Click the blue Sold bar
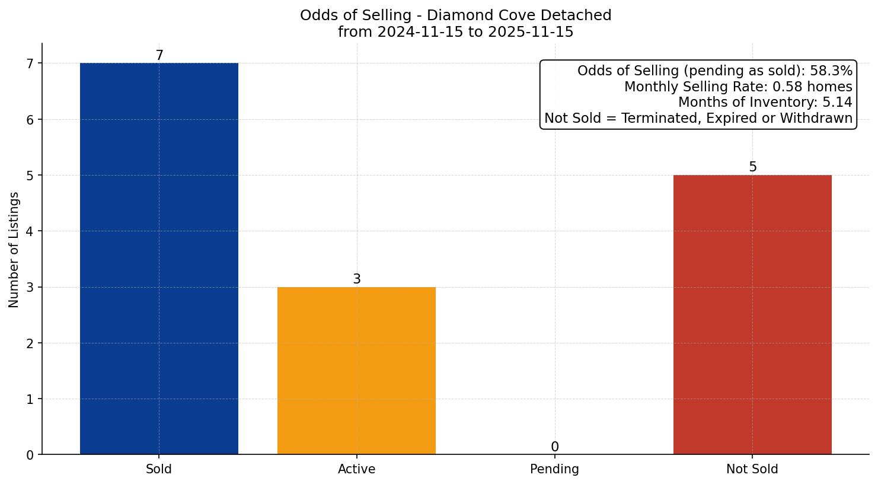click(x=159, y=258)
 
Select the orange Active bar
click(x=356, y=371)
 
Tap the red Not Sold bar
click(x=752, y=314)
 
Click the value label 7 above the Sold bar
click(x=159, y=56)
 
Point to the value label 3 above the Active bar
click(x=357, y=279)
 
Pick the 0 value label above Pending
click(x=555, y=447)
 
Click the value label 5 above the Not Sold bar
click(x=753, y=167)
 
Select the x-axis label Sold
click(x=159, y=469)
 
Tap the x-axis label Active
click(x=356, y=469)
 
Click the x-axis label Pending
click(x=554, y=469)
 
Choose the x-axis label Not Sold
click(x=752, y=469)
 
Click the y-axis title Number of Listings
click(x=14, y=250)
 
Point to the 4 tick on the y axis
click(x=30, y=231)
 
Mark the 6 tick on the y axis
click(x=30, y=119)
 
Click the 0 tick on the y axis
click(x=30, y=455)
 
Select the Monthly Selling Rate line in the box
click(x=738, y=87)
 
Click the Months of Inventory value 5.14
click(x=837, y=103)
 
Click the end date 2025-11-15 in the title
click(x=531, y=32)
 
